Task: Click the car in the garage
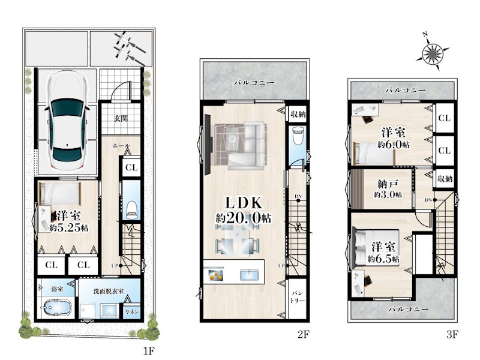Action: tap(67, 121)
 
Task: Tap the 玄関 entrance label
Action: tap(121, 118)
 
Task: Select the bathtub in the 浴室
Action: tap(57, 308)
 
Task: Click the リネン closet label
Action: tap(132, 311)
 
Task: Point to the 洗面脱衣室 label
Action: tap(109, 291)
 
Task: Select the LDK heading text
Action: tap(244, 203)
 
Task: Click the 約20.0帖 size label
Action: tap(244, 218)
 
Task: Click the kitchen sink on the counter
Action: tap(250, 275)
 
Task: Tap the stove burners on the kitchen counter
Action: tap(216, 275)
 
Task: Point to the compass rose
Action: tap(432, 54)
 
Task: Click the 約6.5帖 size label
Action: tap(383, 259)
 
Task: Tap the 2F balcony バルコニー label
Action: tap(254, 83)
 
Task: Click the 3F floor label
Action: tap(452, 334)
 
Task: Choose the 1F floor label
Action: tap(149, 350)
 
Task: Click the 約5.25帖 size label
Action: tap(69, 227)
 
